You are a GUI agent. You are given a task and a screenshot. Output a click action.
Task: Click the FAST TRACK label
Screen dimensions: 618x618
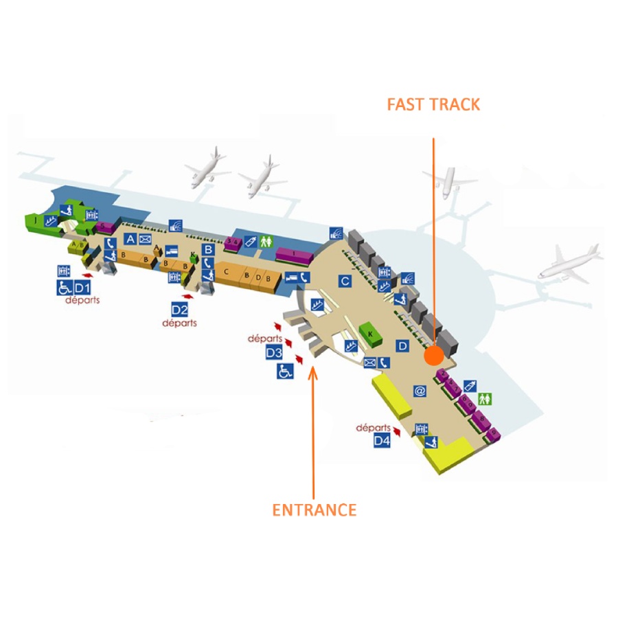(x=433, y=104)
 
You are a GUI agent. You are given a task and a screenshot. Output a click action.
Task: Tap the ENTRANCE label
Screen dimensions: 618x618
(x=314, y=510)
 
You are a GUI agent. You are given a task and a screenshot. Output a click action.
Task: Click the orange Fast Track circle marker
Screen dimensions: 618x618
(x=433, y=356)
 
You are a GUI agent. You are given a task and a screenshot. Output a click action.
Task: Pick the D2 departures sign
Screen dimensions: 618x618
(x=180, y=310)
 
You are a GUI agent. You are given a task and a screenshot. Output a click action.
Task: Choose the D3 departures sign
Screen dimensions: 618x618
(x=274, y=353)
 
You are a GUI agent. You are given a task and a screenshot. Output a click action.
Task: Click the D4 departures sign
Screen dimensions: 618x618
(x=382, y=440)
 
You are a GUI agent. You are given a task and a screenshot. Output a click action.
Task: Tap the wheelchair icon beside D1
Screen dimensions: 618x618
(x=64, y=286)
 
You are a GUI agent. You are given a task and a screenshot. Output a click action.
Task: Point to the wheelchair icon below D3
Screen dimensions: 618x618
(x=285, y=371)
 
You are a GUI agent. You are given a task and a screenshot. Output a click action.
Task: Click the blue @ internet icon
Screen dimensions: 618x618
(x=420, y=391)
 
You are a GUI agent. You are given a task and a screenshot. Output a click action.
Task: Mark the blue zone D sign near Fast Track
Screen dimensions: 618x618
(x=403, y=345)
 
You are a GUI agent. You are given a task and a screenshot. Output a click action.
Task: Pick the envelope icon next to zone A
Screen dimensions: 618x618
(x=145, y=239)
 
